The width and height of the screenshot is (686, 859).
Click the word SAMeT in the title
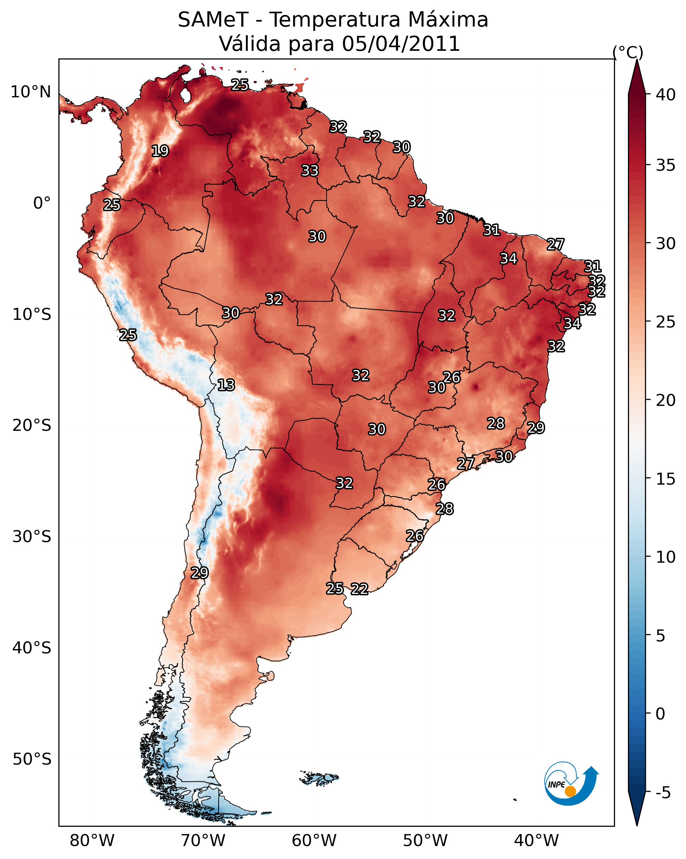click(213, 20)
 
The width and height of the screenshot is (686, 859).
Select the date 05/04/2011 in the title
click(401, 44)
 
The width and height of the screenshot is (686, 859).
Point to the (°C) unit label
click(628, 52)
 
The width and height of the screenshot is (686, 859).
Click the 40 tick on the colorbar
click(666, 94)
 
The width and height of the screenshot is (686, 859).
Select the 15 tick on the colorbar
click(666, 479)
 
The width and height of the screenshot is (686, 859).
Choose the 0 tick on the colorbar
click(660, 714)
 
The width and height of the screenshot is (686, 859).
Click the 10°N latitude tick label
click(31, 92)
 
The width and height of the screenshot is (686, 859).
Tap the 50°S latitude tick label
click(32, 759)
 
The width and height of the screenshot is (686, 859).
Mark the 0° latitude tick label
click(42, 203)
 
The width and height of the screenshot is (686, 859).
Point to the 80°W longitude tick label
click(92, 841)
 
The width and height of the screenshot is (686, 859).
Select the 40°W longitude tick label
click(536, 841)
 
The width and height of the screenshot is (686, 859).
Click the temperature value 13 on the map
click(226, 385)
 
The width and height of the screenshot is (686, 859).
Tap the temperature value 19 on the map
click(160, 151)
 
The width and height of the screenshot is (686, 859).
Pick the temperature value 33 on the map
click(310, 170)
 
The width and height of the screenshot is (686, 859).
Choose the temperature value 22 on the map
click(359, 589)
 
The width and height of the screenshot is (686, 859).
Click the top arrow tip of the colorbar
click(637, 60)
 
